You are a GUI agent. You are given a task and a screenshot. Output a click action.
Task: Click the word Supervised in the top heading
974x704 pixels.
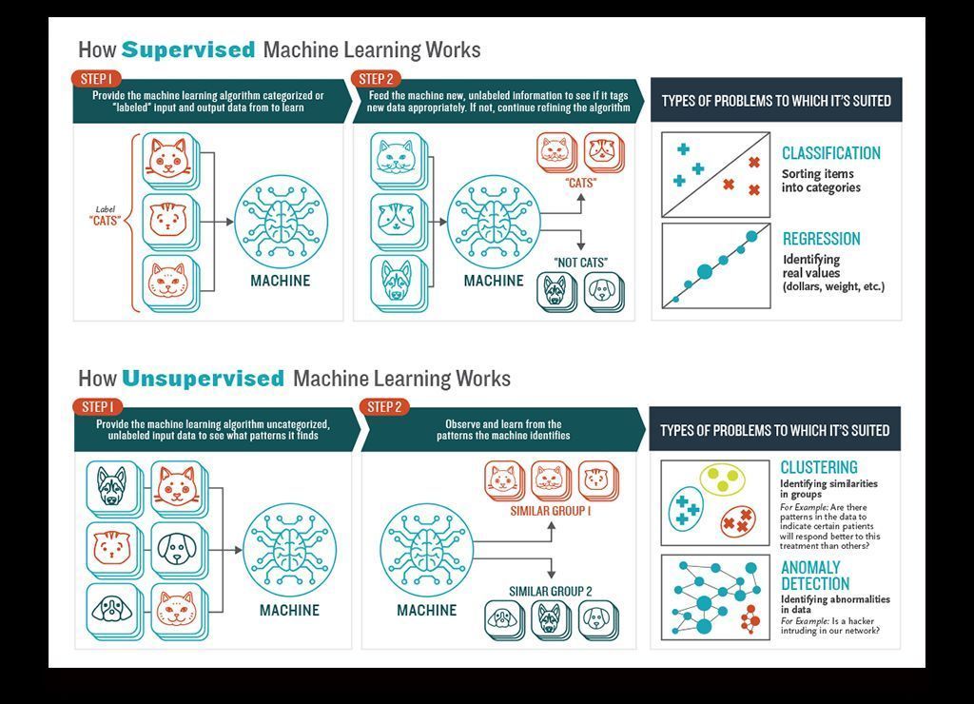(x=188, y=49)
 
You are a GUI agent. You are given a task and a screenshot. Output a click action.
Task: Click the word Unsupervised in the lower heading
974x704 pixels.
(x=203, y=379)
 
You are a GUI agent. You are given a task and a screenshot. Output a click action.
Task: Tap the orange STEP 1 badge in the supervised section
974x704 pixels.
(x=96, y=79)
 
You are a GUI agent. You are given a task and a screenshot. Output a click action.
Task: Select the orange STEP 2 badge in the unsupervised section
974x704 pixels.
(x=384, y=407)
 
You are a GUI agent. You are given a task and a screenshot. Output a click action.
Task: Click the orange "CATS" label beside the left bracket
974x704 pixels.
(x=105, y=222)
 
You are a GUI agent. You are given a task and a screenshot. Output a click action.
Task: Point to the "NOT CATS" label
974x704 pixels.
(x=580, y=263)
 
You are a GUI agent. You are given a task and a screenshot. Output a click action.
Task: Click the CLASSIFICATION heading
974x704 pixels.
(x=830, y=153)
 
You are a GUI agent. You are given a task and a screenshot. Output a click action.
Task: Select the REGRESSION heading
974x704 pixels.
(x=821, y=239)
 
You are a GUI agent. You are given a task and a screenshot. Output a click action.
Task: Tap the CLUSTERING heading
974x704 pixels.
(x=818, y=467)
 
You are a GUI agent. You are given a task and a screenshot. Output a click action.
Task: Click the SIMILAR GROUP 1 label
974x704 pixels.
(x=551, y=511)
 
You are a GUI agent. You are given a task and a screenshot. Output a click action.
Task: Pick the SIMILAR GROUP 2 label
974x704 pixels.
(x=550, y=592)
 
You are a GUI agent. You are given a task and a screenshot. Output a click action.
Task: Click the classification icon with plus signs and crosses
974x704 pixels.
(x=715, y=175)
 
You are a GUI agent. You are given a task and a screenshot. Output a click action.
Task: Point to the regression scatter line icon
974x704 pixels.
(x=715, y=265)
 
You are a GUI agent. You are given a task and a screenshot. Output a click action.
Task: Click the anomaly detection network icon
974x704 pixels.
(x=715, y=597)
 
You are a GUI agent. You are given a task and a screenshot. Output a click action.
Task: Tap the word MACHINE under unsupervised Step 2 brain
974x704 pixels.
(x=426, y=610)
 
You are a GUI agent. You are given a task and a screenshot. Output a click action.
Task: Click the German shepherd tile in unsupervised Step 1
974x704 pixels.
(x=112, y=486)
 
